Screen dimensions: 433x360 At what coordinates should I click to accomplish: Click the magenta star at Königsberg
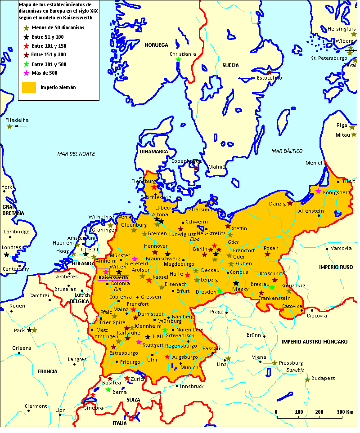point(318,192)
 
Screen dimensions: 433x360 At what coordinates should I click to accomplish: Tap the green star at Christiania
point(178,60)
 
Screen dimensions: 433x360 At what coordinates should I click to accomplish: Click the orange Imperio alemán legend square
point(29,87)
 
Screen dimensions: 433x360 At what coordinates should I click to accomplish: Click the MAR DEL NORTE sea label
point(76,154)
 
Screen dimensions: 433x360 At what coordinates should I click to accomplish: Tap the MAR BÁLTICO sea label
point(287,151)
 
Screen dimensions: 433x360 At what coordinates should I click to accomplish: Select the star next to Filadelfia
point(9,126)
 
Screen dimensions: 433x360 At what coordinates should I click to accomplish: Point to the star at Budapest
point(307,379)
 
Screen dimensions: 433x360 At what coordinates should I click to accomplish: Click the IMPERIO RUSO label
point(336,267)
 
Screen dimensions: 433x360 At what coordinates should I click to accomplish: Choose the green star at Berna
point(108,389)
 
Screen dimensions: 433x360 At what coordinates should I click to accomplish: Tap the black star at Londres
point(6,254)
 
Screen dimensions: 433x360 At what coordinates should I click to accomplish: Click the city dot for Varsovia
point(327,248)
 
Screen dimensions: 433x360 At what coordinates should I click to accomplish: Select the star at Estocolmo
point(269,72)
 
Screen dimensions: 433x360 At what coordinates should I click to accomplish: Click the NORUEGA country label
point(156,45)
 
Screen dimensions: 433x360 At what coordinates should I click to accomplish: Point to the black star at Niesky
point(236,283)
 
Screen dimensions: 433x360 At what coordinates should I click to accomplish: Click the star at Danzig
point(290,204)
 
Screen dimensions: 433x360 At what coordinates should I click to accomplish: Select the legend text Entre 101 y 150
point(49,46)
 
